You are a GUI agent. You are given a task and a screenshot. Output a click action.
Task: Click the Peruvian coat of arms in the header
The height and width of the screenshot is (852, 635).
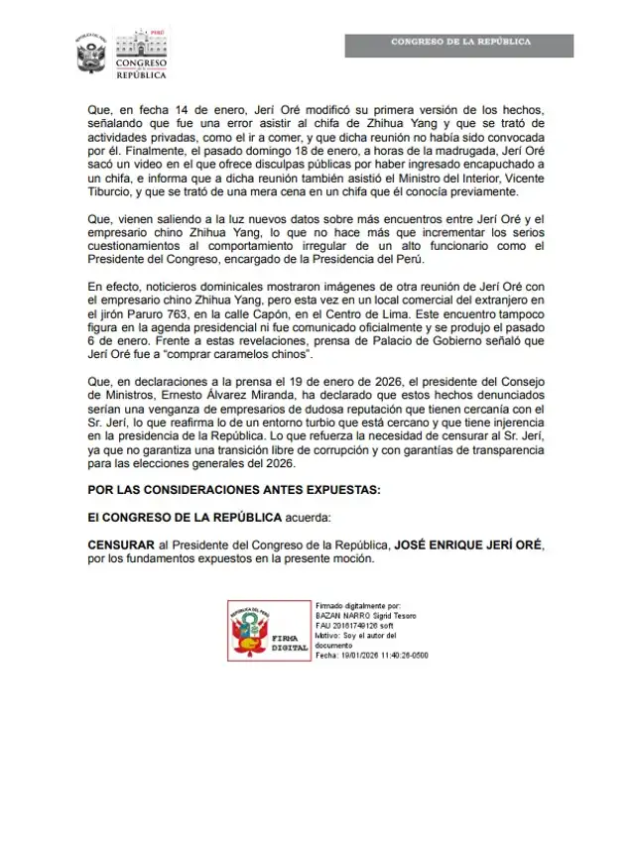(x=90, y=54)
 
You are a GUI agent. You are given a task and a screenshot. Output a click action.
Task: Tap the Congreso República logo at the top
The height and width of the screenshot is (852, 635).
(x=142, y=54)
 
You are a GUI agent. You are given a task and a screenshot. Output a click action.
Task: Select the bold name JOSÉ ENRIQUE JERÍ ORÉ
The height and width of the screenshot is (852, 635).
(x=467, y=545)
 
